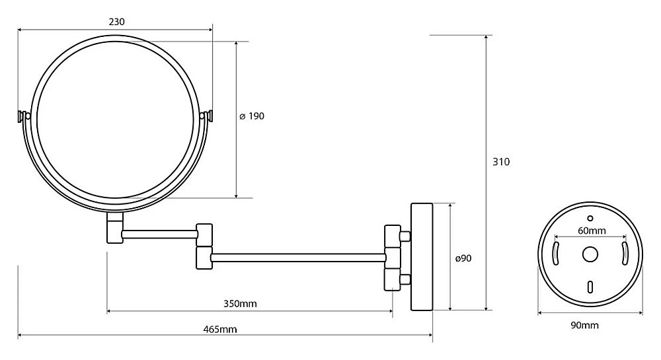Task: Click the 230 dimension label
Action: click(x=117, y=22)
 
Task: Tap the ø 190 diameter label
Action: click(x=252, y=116)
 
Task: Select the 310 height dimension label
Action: click(x=501, y=162)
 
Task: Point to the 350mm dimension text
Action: click(x=240, y=304)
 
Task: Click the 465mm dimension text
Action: click(x=220, y=329)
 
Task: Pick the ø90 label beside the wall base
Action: click(x=463, y=258)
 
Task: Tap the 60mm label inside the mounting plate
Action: click(x=592, y=231)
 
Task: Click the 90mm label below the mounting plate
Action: click(x=585, y=325)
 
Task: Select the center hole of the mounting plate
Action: click(x=590, y=254)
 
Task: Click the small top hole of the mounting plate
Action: click(x=590, y=218)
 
